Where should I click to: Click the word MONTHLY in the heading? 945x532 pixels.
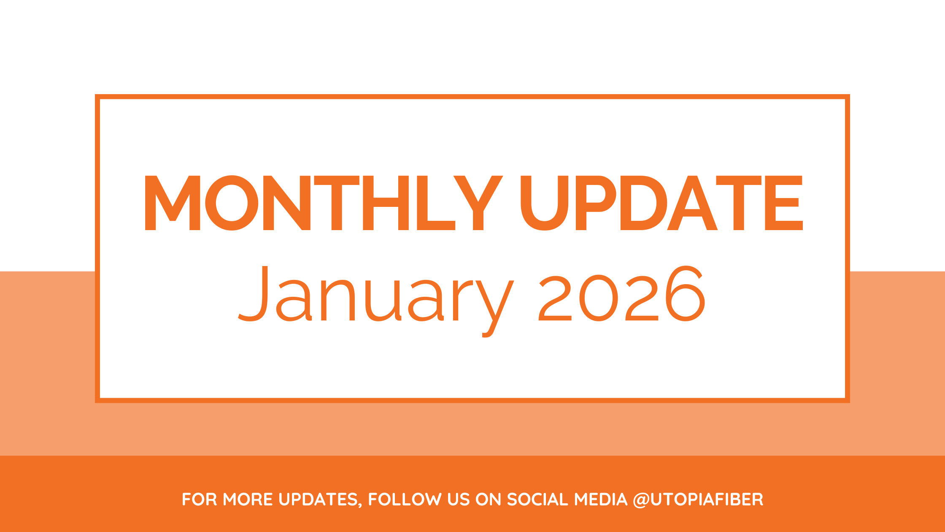pyautogui.click(x=324, y=203)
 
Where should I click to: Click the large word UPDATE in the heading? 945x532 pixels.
pyautogui.click(x=661, y=203)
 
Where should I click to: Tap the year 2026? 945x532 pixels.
pyautogui.click(x=622, y=293)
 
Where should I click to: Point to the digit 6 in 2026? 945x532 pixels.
pyautogui.click(x=685, y=293)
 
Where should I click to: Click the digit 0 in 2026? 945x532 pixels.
pyautogui.click(x=599, y=298)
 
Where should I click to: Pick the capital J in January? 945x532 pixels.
pyautogui.click(x=253, y=293)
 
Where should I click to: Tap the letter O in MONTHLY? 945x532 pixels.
pyautogui.click(x=232, y=203)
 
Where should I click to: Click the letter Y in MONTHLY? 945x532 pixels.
pyautogui.click(x=478, y=203)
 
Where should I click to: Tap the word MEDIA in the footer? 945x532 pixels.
pyautogui.click(x=601, y=499)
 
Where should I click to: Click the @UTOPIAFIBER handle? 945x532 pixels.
pyautogui.click(x=698, y=500)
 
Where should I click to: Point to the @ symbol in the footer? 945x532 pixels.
pyautogui.click(x=641, y=500)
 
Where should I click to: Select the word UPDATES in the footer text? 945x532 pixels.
pyautogui.click(x=319, y=499)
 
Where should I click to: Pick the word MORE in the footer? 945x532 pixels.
pyautogui.click(x=248, y=499)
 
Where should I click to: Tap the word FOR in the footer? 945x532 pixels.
pyautogui.click(x=199, y=499)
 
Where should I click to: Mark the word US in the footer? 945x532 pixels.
pyautogui.click(x=459, y=499)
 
